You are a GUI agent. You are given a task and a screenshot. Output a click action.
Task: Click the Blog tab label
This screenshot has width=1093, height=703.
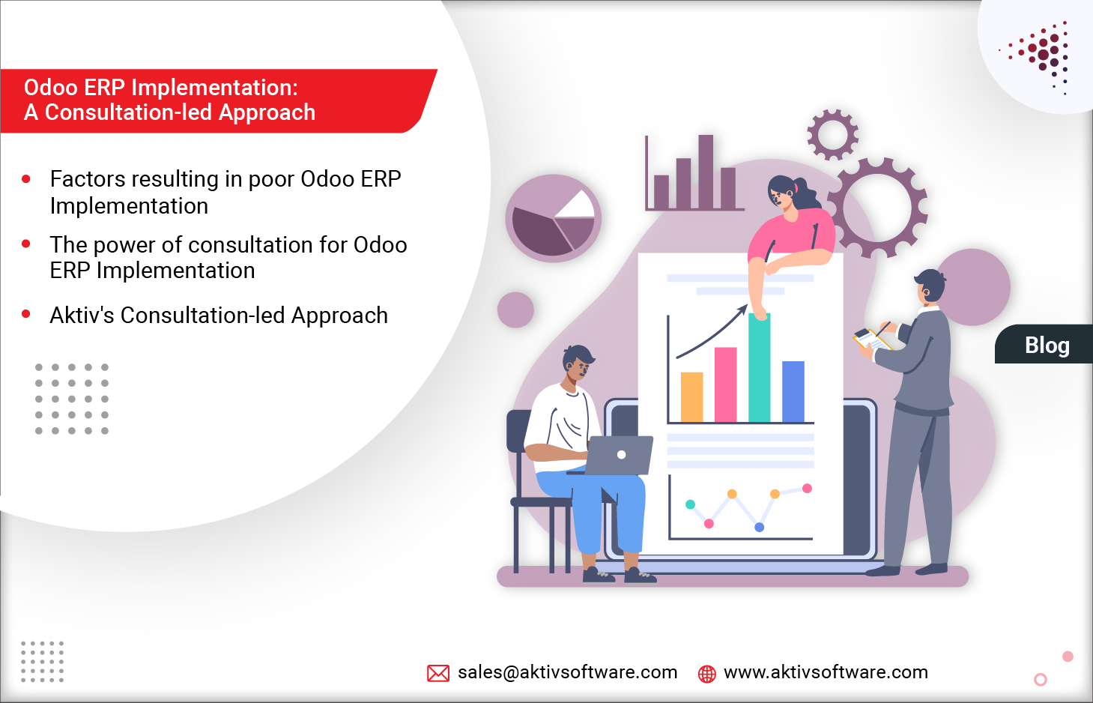pos(1047,346)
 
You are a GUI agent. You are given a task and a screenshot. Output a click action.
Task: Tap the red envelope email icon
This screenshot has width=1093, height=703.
pos(438,673)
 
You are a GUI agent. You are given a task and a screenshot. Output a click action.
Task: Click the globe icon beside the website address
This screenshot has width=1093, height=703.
pos(706,674)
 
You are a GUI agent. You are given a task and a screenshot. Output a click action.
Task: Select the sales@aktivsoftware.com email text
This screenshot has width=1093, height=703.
pos(567,672)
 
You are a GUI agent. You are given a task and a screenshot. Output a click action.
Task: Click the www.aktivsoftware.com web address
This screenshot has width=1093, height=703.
pos(826,672)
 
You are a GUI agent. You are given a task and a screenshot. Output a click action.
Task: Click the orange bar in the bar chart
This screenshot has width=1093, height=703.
pos(691,396)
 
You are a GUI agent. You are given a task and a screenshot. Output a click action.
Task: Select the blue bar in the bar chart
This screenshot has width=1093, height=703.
pos(793,391)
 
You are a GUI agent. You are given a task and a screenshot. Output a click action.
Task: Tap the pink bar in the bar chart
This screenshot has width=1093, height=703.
pos(725,384)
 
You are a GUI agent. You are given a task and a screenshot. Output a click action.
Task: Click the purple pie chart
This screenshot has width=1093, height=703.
pos(553,219)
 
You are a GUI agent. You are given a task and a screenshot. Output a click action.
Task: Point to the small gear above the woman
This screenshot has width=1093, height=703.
pos(832,135)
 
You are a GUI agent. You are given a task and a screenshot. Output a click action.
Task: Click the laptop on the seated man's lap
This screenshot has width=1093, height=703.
pos(618,455)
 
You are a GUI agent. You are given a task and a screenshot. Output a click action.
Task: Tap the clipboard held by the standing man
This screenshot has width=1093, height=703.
pos(873,340)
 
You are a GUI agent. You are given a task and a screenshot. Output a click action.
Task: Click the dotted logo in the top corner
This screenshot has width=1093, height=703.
pos(1043,54)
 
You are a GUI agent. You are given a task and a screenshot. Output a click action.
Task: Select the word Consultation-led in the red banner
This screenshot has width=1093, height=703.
pos(128,112)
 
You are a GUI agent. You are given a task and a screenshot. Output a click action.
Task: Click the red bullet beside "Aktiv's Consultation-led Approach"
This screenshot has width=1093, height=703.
pos(26,314)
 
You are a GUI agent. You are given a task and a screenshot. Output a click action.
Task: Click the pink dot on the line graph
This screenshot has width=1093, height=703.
pos(709,523)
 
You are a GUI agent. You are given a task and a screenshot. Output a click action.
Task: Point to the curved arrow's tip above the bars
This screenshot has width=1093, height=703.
pos(745,307)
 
